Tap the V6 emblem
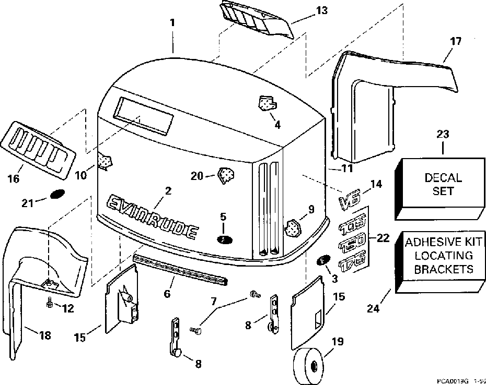(350, 201)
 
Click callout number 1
(173, 23)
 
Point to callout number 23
(442, 134)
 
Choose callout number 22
(383, 238)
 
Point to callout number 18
(45, 335)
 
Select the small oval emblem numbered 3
(322, 261)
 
